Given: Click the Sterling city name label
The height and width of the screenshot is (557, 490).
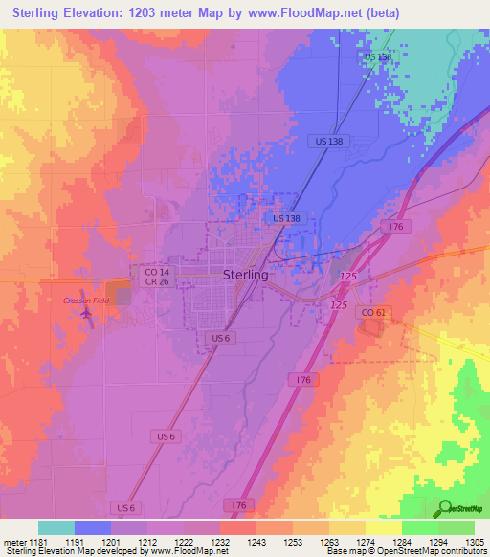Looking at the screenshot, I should (245, 274).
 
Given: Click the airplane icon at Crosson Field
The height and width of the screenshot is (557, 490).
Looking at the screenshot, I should (90, 318).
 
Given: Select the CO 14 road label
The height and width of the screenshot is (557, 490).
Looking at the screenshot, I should (156, 272).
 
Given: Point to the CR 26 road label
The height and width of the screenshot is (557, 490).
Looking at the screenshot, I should (156, 282).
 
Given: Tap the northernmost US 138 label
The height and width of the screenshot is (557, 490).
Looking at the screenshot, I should (379, 58).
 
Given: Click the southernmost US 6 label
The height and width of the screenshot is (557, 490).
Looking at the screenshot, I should (124, 506).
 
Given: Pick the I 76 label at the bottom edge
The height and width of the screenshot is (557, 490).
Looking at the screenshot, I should (239, 504).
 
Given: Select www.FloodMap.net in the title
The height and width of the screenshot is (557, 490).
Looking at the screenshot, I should (301, 13).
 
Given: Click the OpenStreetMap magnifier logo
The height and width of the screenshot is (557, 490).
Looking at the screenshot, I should (444, 509).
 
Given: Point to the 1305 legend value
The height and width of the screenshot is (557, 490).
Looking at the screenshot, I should (474, 542).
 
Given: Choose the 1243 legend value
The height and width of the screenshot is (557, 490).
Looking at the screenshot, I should (256, 542).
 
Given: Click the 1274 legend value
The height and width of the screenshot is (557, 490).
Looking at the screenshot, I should (365, 542).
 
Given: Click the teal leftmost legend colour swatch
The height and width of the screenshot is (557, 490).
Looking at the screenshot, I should (56, 527).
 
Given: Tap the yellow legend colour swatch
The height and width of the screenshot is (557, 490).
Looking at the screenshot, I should (383, 527).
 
